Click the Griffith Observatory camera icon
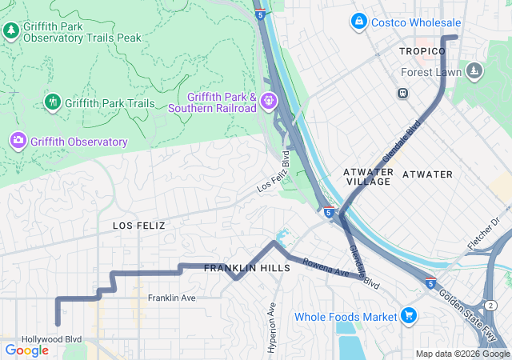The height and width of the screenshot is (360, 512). (x=18, y=142)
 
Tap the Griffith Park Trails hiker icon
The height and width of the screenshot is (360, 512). (x=52, y=102)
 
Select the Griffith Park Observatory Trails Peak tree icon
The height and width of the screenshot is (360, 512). (x=11, y=30)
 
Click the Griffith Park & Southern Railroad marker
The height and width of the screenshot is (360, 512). (x=267, y=101)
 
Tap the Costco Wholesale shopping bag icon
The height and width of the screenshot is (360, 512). (x=359, y=21)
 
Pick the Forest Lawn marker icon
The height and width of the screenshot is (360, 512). (x=475, y=72)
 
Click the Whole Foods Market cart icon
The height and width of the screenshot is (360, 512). (x=410, y=316)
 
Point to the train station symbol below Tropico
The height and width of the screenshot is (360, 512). (x=402, y=93)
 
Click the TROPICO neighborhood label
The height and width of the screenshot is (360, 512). (x=422, y=51)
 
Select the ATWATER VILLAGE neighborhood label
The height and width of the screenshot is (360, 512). (x=367, y=177)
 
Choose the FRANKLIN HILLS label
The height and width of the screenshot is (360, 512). (x=247, y=268)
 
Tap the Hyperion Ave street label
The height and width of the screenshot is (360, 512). (x=272, y=326)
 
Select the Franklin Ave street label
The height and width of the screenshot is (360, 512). (x=171, y=298)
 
